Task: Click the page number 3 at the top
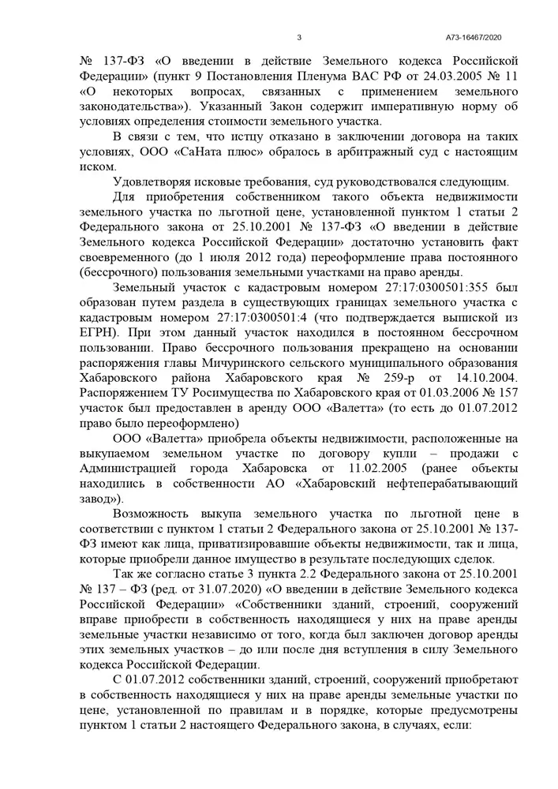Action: (x=299, y=38)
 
